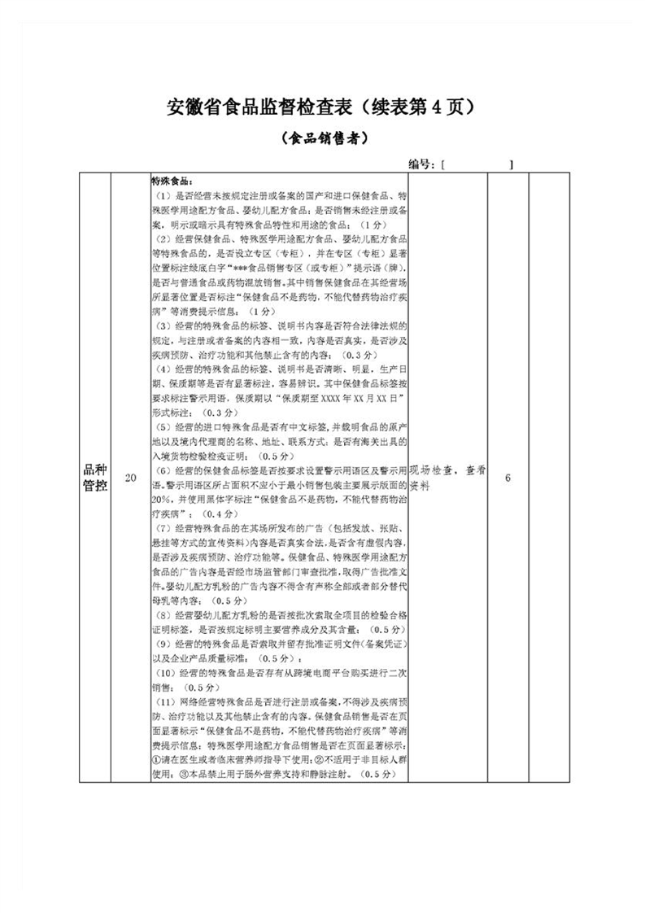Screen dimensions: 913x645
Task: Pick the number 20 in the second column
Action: coord(130,478)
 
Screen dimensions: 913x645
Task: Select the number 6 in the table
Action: coord(508,478)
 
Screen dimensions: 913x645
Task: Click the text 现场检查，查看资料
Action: coord(447,477)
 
